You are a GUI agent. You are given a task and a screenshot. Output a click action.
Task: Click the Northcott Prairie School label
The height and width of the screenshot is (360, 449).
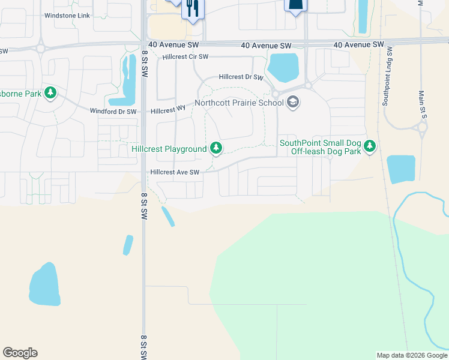coord(240,103)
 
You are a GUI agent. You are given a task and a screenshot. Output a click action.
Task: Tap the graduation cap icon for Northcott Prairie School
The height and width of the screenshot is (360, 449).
coord(293,103)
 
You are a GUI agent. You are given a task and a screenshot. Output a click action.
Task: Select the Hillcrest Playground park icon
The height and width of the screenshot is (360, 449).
coord(215,148)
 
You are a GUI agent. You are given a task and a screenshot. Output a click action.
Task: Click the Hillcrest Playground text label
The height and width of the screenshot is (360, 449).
coord(169,149)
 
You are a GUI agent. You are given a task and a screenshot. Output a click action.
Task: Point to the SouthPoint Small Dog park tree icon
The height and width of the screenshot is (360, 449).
coord(370,146)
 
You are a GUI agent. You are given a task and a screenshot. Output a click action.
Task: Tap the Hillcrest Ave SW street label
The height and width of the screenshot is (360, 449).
coord(175,172)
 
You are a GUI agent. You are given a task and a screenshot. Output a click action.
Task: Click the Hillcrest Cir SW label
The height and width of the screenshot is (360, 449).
coord(185,57)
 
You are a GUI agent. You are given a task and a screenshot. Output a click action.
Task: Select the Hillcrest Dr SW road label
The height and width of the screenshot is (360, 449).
coord(241,77)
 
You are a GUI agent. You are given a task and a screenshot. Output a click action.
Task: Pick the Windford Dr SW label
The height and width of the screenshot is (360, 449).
coord(113,111)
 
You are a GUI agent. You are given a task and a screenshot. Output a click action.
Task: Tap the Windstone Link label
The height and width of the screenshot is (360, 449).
coord(67,14)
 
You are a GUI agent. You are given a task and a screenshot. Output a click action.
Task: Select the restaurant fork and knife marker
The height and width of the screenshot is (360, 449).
coord(193,8)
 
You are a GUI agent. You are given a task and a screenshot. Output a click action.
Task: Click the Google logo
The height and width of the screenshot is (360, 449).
coord(20,353)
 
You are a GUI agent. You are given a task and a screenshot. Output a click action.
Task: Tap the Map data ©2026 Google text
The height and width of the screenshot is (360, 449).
coord(411,355)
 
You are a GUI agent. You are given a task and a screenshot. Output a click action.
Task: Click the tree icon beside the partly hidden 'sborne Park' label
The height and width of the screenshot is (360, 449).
coord(52,92)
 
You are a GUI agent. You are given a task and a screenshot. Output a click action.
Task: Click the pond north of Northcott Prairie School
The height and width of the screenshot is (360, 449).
coord(283,67)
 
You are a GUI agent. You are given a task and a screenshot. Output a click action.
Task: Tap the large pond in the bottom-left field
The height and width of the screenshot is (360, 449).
coord(44,284)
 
